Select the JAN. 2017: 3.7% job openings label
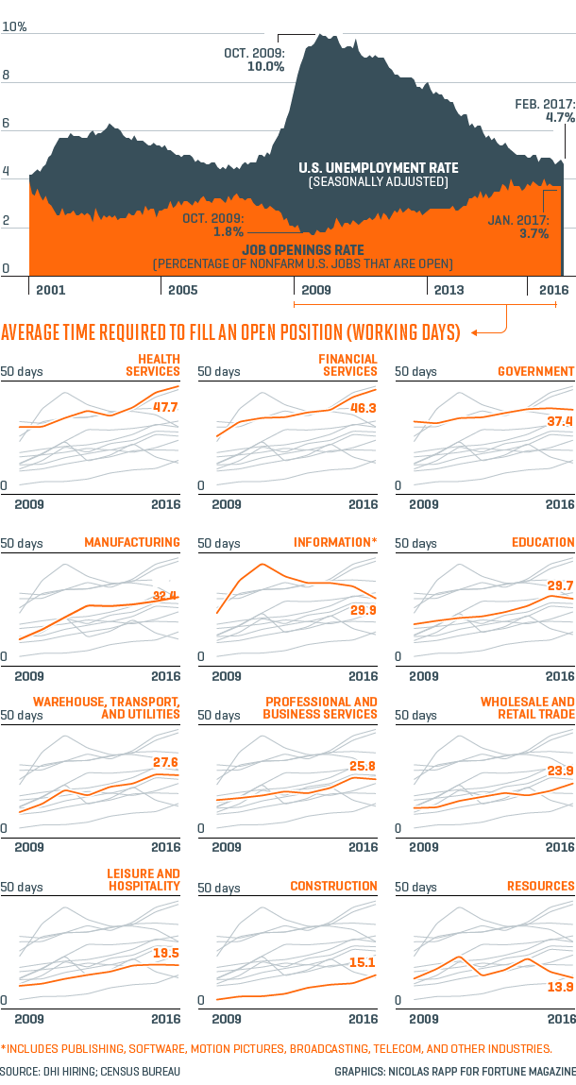coord(518,227)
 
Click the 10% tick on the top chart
coord(14,28)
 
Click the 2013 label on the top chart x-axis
coord(449,290)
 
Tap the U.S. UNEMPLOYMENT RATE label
coord(378,168)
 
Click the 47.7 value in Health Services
coord(165,407)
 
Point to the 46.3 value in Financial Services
coord(363,407)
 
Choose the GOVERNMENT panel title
coord(535,371)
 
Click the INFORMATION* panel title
coord(335,542)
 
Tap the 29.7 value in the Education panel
coord(559,586)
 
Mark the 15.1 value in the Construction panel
coord(363,963)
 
